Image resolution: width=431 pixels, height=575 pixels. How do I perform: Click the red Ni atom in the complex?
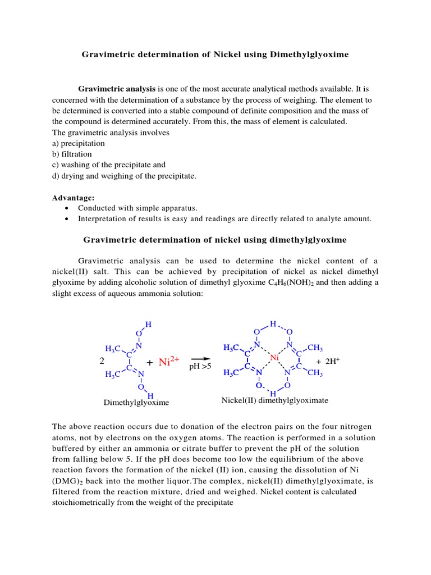pos(274,358)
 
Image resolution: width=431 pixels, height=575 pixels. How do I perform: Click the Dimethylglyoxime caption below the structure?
pos(136,403)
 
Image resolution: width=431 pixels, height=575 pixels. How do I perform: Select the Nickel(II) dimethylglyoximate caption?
pos(275,400)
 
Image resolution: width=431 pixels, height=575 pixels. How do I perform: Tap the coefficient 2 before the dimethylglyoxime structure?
pos(100,362)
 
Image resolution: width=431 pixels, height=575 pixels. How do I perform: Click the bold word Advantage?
pos(74,198)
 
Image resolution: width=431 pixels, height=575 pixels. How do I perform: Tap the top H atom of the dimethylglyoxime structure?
pos(148,325)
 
